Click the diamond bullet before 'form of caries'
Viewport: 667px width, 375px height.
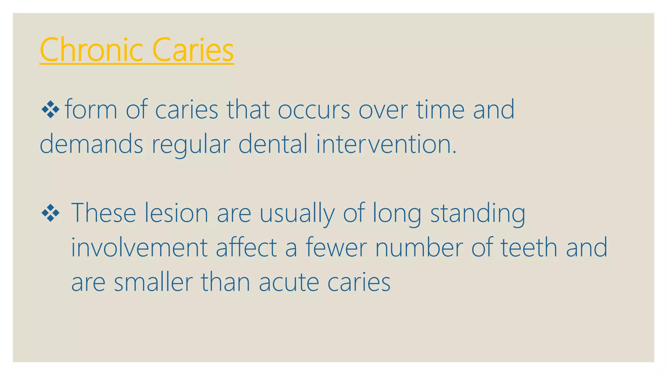pyautogui.click(x=50, y=110)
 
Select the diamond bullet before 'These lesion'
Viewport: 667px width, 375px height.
pyautogui.click(x=50, y=213)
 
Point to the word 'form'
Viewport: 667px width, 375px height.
pyautogui.click(x=91, y=110)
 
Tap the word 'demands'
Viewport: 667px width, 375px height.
pyautogui.click(x=91, y=144)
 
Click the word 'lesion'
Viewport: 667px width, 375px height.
pyautogui.click(x=176, y=213)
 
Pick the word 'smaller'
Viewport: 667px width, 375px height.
pyautogui.click(x=153, y=282)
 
